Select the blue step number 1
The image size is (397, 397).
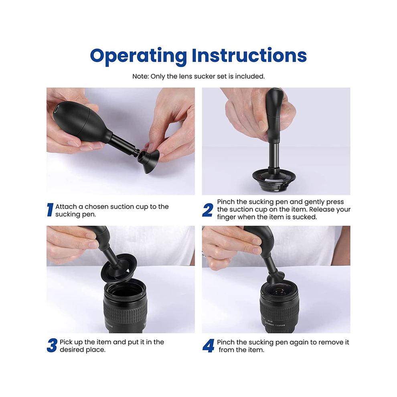point(50,210)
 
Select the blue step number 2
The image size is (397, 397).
point(208,210)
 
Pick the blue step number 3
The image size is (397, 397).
point(52,346)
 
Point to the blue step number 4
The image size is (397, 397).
point(209,346)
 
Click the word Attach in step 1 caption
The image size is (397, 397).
point(66,207)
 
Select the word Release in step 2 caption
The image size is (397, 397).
point(321,209)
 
